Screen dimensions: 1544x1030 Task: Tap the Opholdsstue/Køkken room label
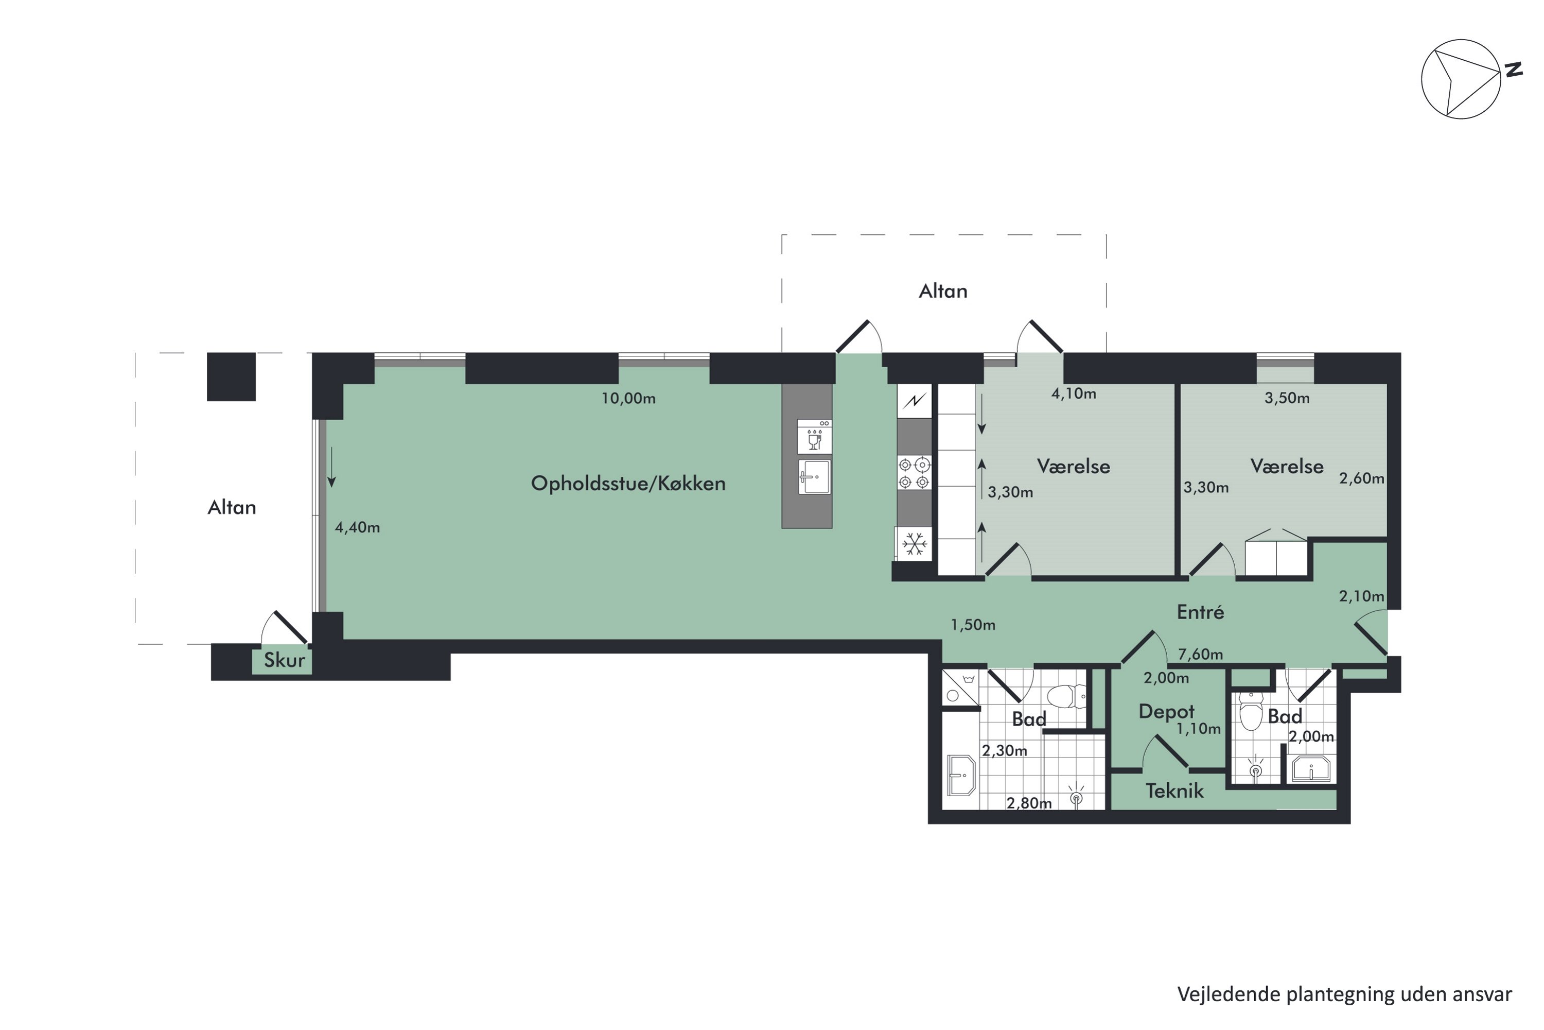pos(628,484)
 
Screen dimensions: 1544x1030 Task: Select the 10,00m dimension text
pos(628,398)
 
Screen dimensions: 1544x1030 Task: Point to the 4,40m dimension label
pos(357,527)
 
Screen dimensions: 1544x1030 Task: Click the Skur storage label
pos(284,660)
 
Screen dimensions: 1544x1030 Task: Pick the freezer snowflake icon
pos(915,544)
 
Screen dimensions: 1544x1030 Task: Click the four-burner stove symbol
pos(914,473)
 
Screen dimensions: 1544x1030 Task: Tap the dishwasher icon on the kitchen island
pos(814,436)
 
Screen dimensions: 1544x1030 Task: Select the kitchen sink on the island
pos(814,477)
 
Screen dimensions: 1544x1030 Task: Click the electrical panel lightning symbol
pos(915,400)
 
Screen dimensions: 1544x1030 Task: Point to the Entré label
pos(1201,612)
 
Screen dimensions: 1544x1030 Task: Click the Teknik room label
pos(1174,791)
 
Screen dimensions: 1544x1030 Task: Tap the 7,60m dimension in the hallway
pos(1201,654)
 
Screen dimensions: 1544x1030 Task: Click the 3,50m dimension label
pos(1287,398)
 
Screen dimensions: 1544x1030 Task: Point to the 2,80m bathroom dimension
pos(1029,803)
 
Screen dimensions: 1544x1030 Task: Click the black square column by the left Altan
pos(231,376)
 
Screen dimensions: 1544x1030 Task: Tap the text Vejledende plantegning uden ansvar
pos(1344,994)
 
